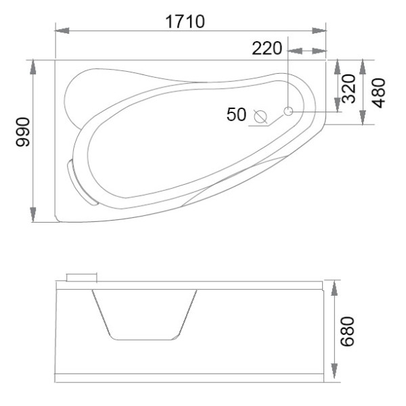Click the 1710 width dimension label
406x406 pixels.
(x=185, y=22)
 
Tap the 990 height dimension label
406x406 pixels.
(x=23, y=132)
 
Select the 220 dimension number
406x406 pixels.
(x=267, y=49)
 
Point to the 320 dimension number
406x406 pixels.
(x=348, y=89)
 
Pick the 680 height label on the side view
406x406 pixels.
(x=347, y=332)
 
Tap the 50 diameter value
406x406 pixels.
(x=236, y=114)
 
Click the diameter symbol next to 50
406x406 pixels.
(x=261, y=117)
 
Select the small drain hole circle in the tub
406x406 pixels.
(x=288, y=111)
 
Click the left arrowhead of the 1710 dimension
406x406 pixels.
(x=62, y=30)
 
